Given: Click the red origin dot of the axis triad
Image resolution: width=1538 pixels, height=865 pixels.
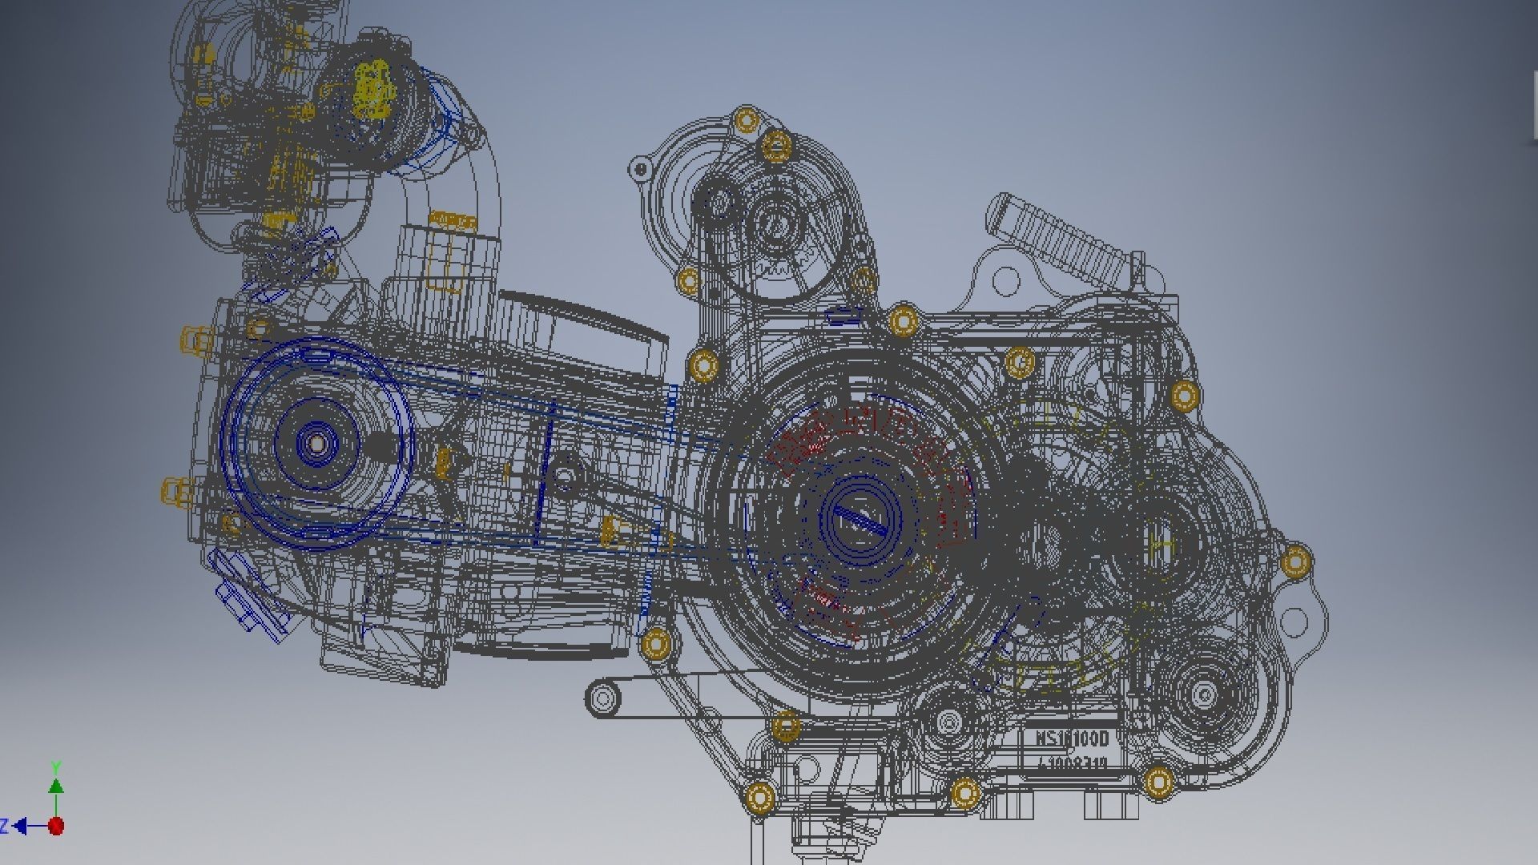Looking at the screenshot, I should pos(55,825).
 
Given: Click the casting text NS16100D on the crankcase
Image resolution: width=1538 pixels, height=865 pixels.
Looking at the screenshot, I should pos(1072,738).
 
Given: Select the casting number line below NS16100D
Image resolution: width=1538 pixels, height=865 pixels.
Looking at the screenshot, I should pos(1072,763).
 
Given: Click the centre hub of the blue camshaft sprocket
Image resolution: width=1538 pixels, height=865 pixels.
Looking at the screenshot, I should pos(316,443).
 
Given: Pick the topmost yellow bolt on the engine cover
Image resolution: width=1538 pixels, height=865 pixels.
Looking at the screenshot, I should pos(747,121).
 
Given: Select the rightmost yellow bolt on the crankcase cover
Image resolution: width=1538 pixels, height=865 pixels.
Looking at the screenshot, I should pos(1295,561).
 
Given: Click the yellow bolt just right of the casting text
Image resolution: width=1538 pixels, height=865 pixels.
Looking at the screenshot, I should pos(1158,782).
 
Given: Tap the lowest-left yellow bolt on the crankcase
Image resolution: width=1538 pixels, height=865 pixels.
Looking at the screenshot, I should pos(759,798).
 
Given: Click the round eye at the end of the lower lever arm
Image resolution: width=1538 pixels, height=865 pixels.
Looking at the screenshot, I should pos(603,698).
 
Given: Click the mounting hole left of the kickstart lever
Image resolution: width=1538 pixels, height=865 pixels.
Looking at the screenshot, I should pos(1005,280).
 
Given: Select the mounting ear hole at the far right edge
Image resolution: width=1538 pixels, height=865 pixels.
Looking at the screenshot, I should pos(1293,620).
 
